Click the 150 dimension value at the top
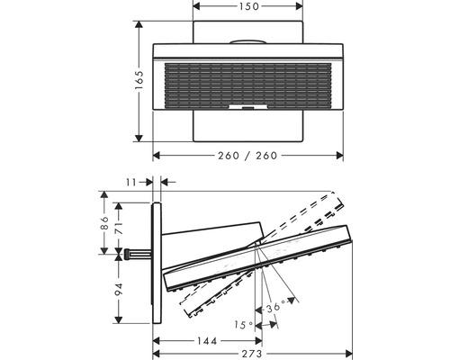(x=248, y=6)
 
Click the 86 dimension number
(x=105, y=221)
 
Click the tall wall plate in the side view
(x=157, y=261)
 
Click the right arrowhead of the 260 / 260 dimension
(x=344, y=156)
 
